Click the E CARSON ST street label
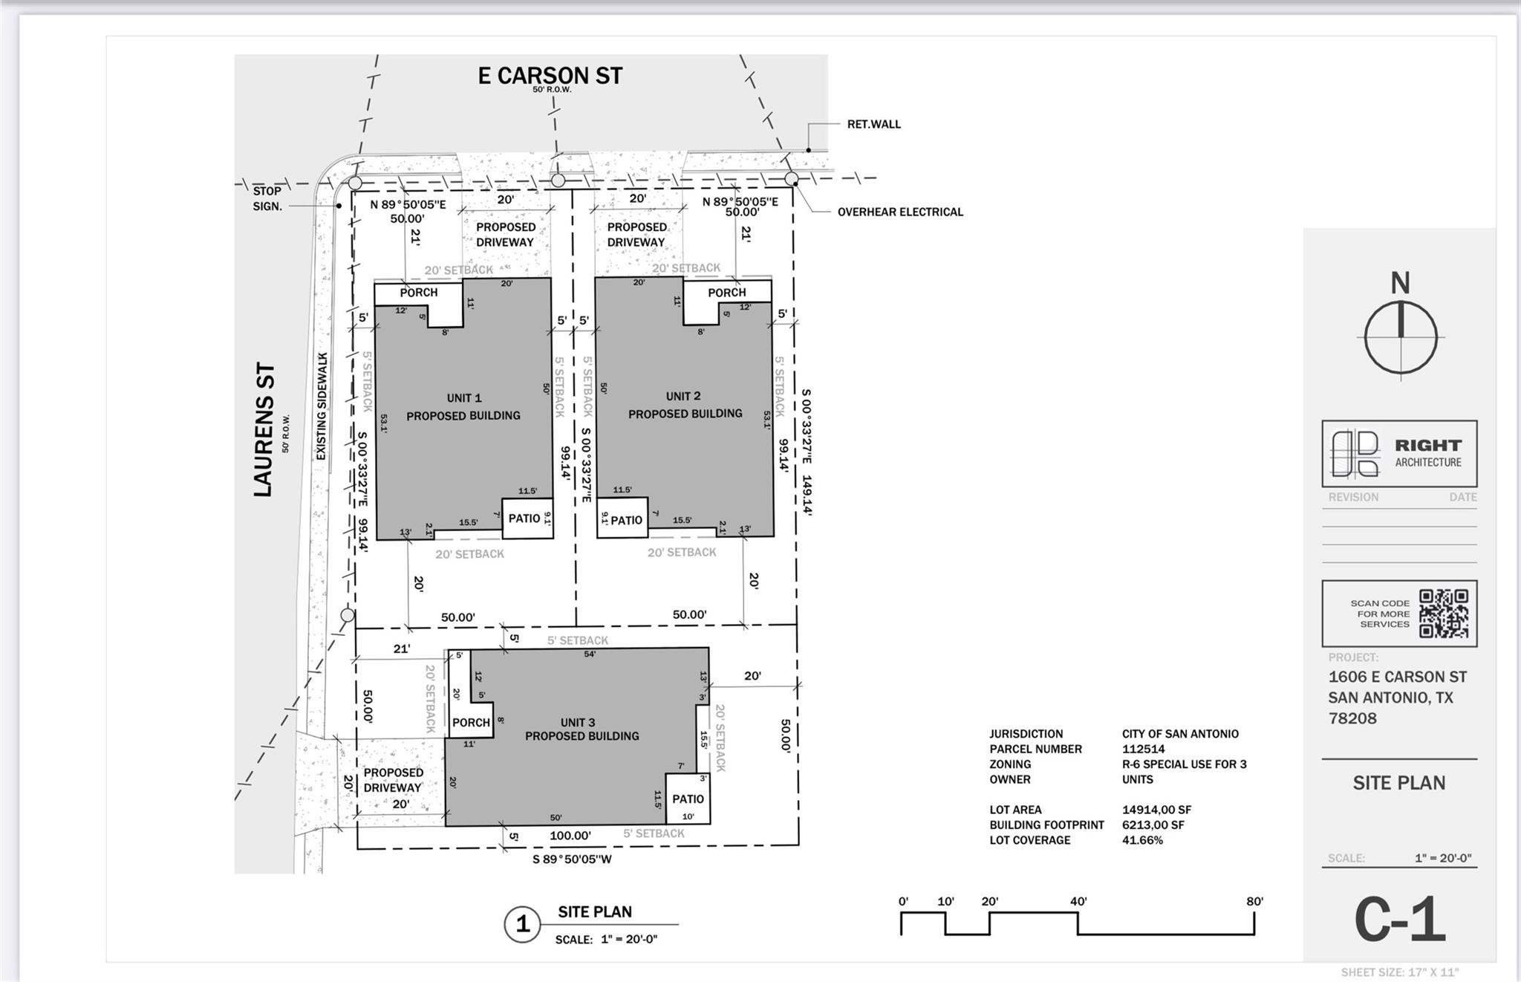pyautogui.click(x=550, y=76)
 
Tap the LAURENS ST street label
pyautogui.click(x=264, y=430)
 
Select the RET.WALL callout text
pyautogui.click(x=874, y=124)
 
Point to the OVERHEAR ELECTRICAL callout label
pyautogui.click(x=900, y=212)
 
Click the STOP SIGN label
pyautogui.click(x=267, y=198)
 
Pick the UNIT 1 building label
pyautogui.click(x=464, y=398)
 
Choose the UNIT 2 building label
pyautogui.click(x=683, y=396)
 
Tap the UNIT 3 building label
pyautogui.click(x=578, y=722)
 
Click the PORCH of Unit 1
pyautogui.click(x=419, y=293)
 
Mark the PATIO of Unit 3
pyautogui.click(x=688, y=799)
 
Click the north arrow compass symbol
pyautogui.click(x=1401, y=338)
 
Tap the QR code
pyautogui.click(x=1444, y=614)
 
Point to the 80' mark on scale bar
pyautogui.click(x=1254, y=902)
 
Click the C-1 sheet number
pyautogui.click(x=1400, y=920)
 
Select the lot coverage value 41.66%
pyautogui.click(x=1142, y=840)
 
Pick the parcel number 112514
pyautogui.click(x=1144, y=749)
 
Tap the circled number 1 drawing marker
pyautogui.click(x=522, y=924)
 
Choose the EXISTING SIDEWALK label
pyautogui.click(x=322, y=406)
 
